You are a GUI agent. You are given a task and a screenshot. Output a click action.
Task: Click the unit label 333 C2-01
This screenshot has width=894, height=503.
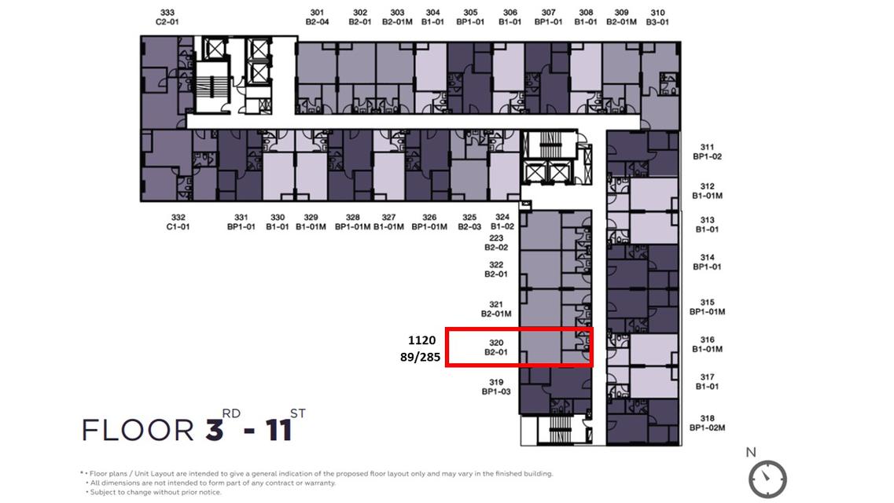[x=167, y=17]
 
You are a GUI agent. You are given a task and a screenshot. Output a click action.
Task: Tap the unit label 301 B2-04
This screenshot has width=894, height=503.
[x=317, y=17]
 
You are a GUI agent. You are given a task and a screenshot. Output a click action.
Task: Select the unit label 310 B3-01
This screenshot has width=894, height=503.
[x=657, y=17]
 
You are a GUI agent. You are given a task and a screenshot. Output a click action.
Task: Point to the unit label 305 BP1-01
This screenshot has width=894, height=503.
[x=470, y=17]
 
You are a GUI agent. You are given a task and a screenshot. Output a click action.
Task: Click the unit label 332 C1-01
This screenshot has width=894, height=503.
[x=178, y=222]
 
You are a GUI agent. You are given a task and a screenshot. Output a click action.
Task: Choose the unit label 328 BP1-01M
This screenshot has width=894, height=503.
[x=352, y=222]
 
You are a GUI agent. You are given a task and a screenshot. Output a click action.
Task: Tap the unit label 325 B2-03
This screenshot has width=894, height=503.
[x=469, y=222]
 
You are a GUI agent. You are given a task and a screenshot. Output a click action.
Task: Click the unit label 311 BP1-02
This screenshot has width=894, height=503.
[x=707, y=152]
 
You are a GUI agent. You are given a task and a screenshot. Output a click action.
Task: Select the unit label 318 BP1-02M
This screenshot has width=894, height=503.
[x=707, y=423]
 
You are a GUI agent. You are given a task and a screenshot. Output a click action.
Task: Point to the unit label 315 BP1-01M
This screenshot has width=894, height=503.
[x=707, y=307]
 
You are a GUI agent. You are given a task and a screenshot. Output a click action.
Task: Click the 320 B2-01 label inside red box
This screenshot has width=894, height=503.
[x=496, y=347]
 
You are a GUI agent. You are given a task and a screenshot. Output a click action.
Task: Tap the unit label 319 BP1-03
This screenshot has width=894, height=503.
[x=496, y=387]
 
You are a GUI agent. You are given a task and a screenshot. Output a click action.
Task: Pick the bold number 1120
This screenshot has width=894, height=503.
[x=422, y=340]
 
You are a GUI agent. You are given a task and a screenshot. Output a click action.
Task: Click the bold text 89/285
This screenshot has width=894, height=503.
[x=420, y=357]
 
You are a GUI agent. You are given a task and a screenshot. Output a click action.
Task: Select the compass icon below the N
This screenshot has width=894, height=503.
[x=767, y=479]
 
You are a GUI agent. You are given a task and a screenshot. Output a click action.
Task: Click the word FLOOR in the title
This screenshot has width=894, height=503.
[x=138, y=430]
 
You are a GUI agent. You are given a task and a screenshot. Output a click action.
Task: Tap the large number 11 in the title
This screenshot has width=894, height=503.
[x=279, y=430]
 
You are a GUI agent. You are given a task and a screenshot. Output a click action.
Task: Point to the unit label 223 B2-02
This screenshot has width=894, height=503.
[x=496, y=243]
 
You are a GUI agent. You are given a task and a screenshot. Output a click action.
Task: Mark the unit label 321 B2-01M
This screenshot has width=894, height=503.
[x=496, y=309]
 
